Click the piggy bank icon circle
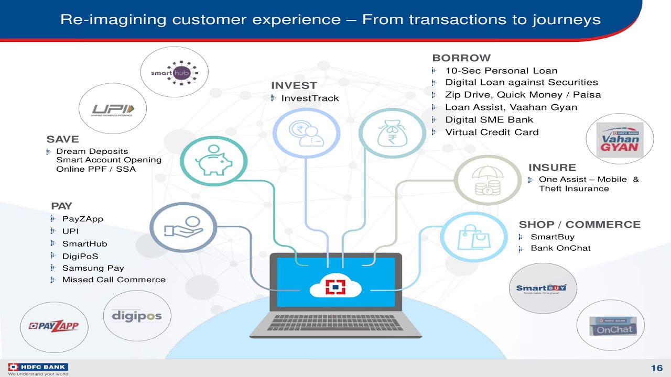[213, 161]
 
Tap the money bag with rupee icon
[391, 133]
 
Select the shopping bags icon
[473, 237]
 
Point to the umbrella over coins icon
[488, 180]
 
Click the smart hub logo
[175, 72]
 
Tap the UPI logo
[112, 109]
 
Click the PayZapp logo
[54, 326]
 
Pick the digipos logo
[137, 316]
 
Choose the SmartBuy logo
[542, 289]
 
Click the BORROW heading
[461, 58]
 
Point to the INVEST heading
[294, 85]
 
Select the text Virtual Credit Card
[492, 132]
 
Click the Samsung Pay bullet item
[93, 268]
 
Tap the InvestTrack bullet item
[310, 98]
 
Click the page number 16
[657, 368]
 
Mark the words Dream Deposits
[92, 151]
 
